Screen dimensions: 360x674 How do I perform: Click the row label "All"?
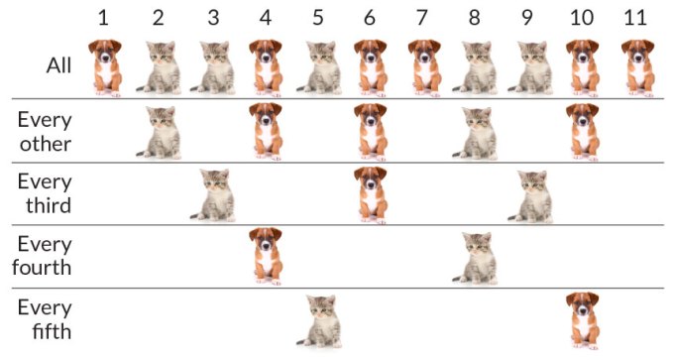tap(58, 65)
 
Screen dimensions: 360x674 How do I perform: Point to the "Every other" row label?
tap(45, 130)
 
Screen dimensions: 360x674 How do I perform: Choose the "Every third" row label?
tap(45, 193)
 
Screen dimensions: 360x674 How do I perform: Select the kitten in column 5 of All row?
tap(318, 67)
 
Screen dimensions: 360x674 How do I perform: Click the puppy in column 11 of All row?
tap(637, 66)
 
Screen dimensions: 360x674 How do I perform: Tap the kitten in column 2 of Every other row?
tap(159, 132)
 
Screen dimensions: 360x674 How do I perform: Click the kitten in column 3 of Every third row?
tap(214, 194)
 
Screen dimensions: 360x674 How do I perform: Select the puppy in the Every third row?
tap(371, 193)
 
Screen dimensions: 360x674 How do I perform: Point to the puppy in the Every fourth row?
tap(265, 255)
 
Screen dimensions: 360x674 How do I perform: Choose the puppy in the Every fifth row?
tap(584, 318)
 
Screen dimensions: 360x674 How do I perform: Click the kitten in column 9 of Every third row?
tap(531, 194)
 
